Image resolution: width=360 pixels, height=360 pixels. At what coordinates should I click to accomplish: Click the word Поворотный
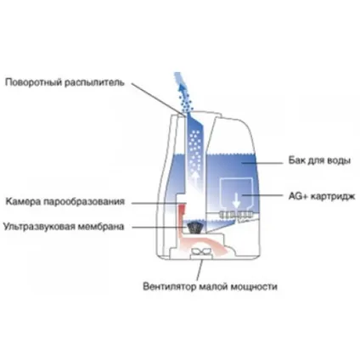(x=34, y=82)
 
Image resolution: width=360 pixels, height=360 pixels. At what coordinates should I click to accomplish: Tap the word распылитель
(x=94, y=82)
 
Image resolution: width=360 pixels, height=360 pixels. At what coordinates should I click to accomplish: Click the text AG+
(x=298, y=196)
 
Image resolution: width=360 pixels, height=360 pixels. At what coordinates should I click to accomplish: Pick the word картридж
(x=333, y=196)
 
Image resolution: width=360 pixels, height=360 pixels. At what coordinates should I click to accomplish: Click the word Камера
(x=24, y=201)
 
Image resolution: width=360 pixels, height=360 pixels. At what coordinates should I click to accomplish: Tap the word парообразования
(x=84, y=202)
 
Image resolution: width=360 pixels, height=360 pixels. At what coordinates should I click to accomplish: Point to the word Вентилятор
(x=169, y=286)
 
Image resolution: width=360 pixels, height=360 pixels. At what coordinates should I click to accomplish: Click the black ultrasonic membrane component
(x=194, y=228)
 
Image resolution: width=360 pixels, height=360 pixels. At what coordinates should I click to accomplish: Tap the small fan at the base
(x=201, y=251)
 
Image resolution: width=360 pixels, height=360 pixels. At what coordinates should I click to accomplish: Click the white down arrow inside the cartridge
(x=236, y=201)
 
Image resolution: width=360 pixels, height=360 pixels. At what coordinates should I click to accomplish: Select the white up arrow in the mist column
(x=195, y=179)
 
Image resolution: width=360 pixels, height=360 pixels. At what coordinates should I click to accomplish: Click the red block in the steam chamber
(x=183, y=211)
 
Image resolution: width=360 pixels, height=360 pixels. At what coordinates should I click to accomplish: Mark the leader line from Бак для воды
(x=262, y=163)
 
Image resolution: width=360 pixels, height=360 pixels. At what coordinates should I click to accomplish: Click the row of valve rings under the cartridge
(x=236, y=215)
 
